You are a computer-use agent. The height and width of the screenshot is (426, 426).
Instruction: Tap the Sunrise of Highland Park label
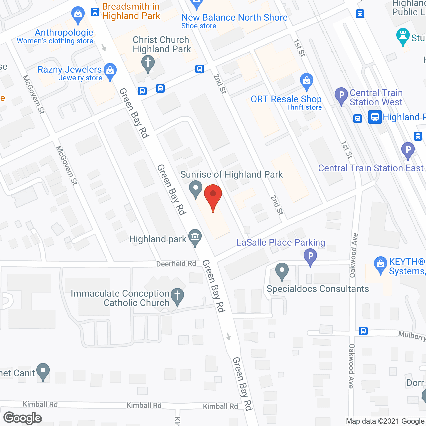pos(231,175)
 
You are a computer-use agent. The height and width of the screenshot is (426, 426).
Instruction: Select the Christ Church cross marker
pos(148,63)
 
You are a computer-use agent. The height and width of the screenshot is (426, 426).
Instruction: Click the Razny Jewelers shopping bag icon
pos(110,71)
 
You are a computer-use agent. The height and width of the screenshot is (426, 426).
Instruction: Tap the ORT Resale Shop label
pos(286,99)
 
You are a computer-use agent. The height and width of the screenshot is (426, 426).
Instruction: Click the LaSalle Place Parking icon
pos(310,257)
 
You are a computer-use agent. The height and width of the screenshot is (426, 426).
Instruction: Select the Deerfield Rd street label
pos(176,264)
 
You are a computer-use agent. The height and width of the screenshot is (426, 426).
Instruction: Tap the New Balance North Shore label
pos(234,18)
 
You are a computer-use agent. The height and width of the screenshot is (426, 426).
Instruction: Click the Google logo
pos(23,418)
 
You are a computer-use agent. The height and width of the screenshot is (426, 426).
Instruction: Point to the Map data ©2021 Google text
pos(386,421)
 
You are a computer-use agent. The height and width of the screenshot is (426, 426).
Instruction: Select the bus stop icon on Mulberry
pos(363,331)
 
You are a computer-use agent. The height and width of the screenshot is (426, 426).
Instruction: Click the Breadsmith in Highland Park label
pos(131,11)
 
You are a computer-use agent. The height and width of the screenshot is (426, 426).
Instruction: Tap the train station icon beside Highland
pos(375,117)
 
